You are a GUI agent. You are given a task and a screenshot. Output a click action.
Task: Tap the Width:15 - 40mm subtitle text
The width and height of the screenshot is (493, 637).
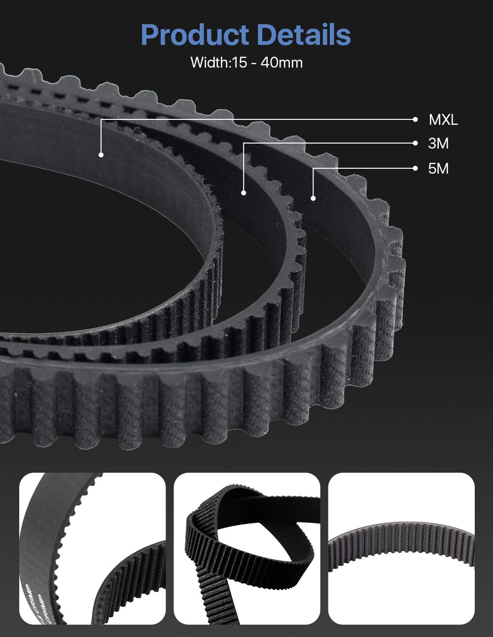click(246, 63)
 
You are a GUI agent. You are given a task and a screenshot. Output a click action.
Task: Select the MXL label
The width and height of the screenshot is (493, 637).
click(443, 120)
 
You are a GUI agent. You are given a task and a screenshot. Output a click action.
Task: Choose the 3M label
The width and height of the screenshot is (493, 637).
click(438, 144)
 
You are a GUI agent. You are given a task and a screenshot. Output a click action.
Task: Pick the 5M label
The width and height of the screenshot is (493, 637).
click(438, 169)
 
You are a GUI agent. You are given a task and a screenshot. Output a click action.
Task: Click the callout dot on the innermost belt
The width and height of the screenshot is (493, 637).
click(101, 155)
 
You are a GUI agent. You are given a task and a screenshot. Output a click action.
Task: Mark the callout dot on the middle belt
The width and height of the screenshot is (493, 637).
click(244, 192)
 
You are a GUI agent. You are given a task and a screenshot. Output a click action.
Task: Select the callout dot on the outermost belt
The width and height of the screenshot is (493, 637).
click(313, 198)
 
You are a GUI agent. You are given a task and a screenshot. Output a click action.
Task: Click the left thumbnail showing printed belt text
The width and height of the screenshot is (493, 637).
click(92, 548)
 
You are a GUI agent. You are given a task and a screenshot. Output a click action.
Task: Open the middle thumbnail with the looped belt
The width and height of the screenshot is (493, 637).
click(246, 548)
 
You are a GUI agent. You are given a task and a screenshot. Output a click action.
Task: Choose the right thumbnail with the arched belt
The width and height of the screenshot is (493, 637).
click(401, 548)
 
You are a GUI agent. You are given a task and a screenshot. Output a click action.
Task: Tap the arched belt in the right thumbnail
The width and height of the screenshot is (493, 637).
click(401, 543)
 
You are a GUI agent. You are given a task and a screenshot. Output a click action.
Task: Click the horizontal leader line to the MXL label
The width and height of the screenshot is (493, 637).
click(256, 119)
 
